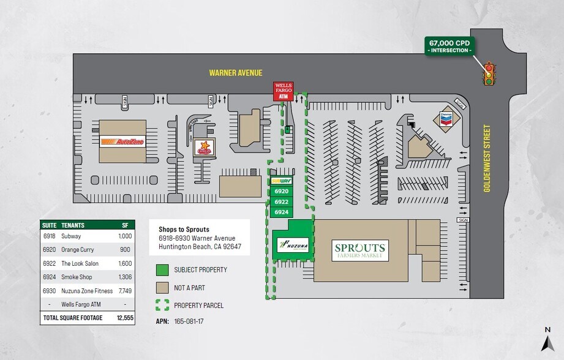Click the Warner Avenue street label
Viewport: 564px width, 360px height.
235,73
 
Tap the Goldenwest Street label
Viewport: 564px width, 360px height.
488,158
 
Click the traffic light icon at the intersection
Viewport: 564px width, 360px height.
489,73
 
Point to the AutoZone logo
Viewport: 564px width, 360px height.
122,141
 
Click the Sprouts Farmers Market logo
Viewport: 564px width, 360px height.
360,250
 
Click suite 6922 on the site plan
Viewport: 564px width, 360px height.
281,201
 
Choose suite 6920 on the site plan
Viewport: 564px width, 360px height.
281,191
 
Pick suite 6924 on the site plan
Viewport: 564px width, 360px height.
281,212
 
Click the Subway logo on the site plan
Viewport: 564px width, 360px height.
281,181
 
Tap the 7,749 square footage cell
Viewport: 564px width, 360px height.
124,290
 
